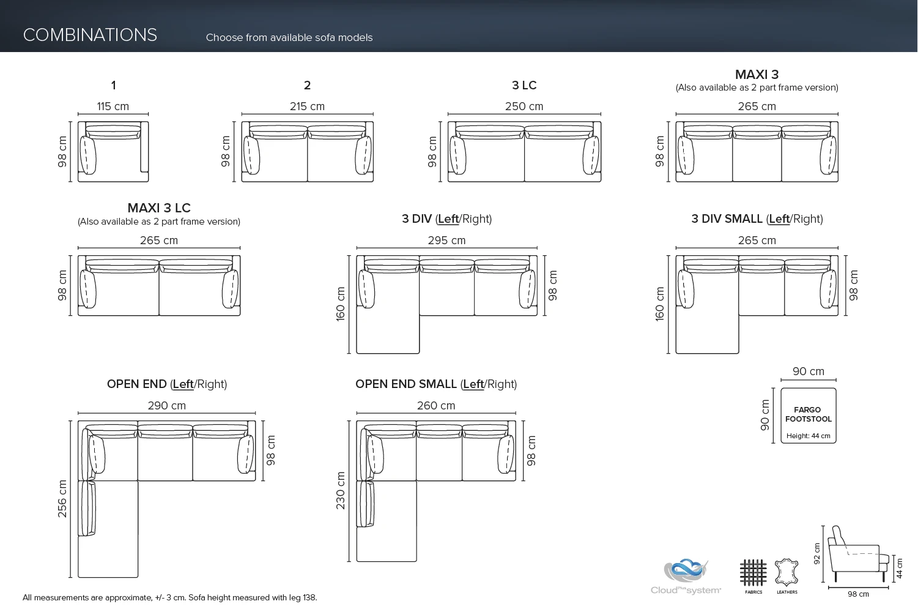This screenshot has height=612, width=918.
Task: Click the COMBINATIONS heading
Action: [x=90, y=35]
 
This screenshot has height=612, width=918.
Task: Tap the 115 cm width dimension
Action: [x=113, y=106]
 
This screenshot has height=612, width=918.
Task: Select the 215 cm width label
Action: [x=307, y=106]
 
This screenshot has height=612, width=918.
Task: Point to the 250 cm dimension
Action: [x=524, y=106]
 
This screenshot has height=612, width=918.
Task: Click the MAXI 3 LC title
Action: [x=159, y=208]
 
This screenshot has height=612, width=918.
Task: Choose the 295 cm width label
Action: [x=446, y=241]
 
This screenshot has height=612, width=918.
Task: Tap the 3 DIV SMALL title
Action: [x=757, y=219]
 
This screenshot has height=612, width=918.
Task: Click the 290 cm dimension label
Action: [x=167, y=406]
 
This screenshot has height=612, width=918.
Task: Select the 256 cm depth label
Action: [x=62, y=499]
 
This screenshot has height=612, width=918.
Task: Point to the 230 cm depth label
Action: [x=341, y=491]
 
